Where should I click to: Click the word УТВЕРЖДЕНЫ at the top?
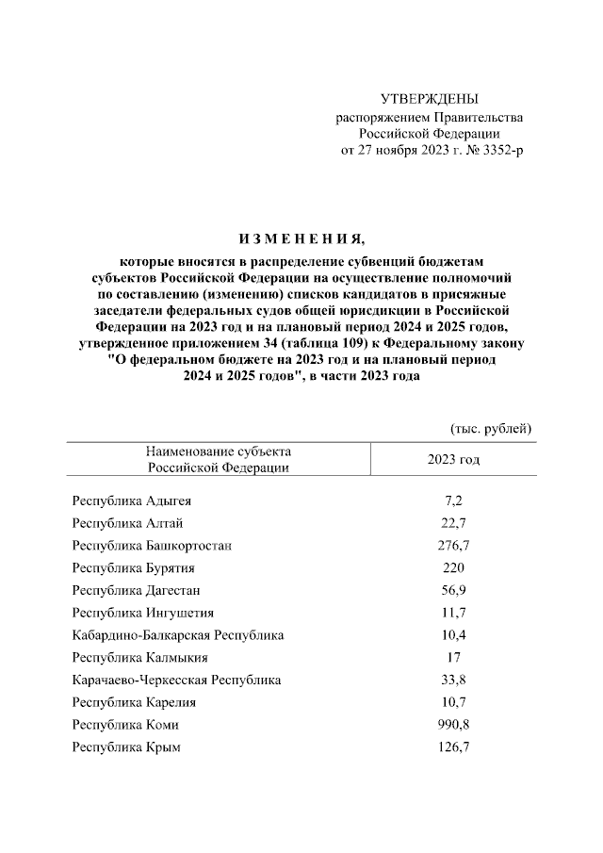[429, 98]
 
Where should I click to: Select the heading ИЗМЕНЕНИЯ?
[301, 237]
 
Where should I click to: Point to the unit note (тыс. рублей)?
[492, 428]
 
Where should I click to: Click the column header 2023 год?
[453, 459]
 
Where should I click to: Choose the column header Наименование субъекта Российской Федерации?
[218, 459]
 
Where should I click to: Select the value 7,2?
[453, 500]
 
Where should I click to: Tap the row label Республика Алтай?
[127, 523]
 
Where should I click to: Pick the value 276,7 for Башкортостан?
[453, 546]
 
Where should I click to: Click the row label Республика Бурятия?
[134, 568]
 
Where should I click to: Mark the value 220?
[453, 568]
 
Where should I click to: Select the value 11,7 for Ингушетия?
[453, 613]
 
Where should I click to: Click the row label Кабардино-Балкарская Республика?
[178, 635]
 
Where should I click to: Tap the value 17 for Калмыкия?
[453, 658]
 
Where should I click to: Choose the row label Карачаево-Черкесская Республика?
[176, 680]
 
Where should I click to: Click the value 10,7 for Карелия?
[453, 702]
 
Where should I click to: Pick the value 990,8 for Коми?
[453, 725]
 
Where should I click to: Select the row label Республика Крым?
[126, 747]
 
